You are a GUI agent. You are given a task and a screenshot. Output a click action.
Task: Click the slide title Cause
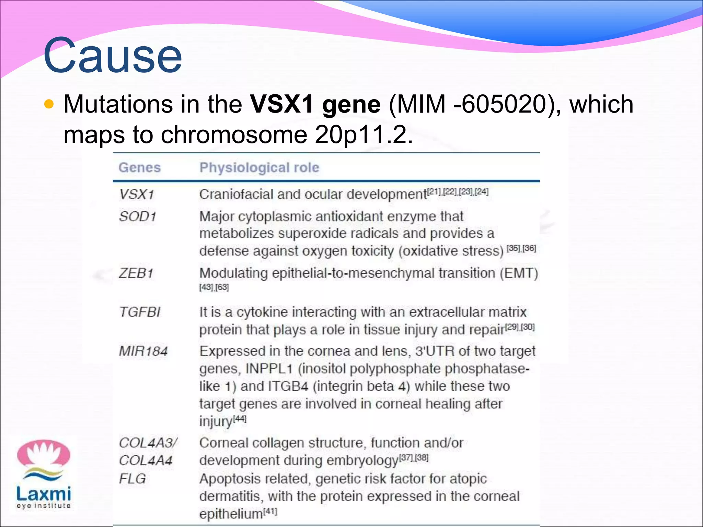coord(113,56)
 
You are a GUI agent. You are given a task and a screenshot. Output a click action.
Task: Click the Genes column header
coord(139,168)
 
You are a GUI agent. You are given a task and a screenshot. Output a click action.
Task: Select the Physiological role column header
coord(259,168)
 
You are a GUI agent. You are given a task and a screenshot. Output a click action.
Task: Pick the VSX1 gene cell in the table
coord(136,195)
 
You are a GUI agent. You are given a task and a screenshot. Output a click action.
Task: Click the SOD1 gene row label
coord(137,216)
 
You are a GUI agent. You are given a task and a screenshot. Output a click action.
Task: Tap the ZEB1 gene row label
coord(136,273)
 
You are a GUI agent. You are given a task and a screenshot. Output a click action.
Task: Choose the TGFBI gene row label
coord(139,312)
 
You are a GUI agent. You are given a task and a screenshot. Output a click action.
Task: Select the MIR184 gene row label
coord(143,351)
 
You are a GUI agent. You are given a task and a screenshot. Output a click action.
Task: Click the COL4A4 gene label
coord(146,460)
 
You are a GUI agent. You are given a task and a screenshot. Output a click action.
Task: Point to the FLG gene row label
coord(132,479)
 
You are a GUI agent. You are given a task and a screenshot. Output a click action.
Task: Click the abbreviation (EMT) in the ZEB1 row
coord(519,273)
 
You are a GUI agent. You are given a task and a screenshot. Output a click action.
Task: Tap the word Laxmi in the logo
coord(44,494)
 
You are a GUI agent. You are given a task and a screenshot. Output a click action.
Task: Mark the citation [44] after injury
coord(240,419)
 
